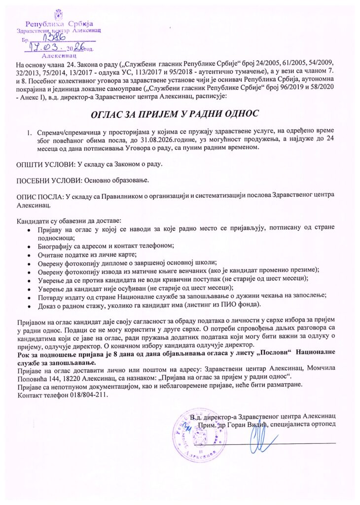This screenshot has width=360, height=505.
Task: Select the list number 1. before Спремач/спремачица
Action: click(x=30, y=133)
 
